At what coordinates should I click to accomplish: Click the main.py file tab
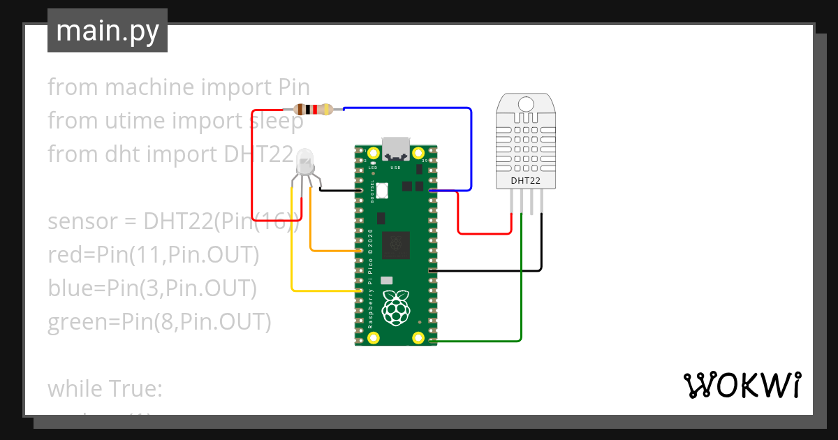pyautogui.click(x=107, y=31)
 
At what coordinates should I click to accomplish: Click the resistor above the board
pyautogui.click(x=312, y=109)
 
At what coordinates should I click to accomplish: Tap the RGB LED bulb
pyautogui.click(x=305, y=161)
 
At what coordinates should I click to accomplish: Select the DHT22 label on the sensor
pyautogui.click(x=526, y=181)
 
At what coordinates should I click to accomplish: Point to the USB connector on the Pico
pyautogui.click(x=396, y=147)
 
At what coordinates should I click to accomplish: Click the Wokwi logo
pyautogui.click(x=742, y=385)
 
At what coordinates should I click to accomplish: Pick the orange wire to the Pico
pyautogui.click(x=328, y=251)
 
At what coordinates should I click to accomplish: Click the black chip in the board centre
pyautogui.click(x=397, y=243)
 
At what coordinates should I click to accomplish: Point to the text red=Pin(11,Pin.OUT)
pyautogui.click(x=154, y=255)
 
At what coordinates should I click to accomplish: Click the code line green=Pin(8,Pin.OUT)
pyautogui.click(x=159, y=322)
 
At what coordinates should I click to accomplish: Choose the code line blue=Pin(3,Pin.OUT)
pyautogui.click(x=152, y=288)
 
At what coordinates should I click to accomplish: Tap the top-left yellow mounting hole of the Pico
pyautogui.click(x=374, y=153)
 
